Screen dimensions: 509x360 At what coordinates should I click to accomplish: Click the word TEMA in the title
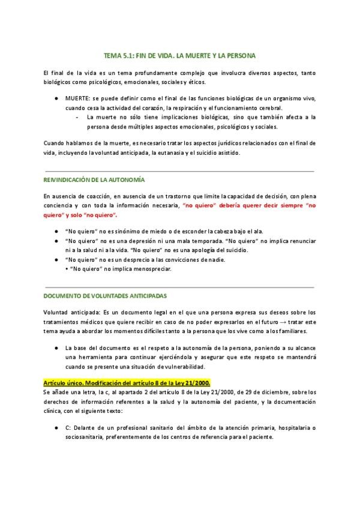(x=112, y=56)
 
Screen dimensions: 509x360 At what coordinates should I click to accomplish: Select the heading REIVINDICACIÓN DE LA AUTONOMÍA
(x=94, y=179)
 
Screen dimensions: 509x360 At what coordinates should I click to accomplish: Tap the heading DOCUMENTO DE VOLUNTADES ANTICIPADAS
(x=105, y=297)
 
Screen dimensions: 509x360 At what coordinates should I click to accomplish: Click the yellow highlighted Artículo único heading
(x=127, y=383)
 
